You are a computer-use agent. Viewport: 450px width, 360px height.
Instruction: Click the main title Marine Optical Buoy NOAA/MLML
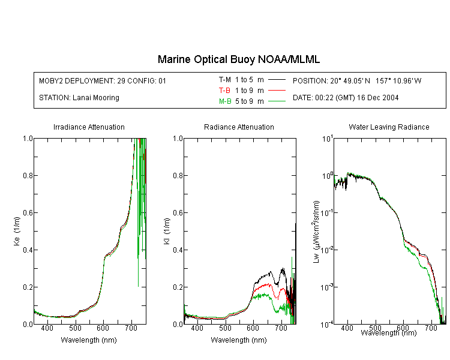[238, 59]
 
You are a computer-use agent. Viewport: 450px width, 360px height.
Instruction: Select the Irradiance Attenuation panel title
[89, 127]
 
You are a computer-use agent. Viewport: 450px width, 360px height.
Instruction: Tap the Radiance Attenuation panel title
[239, 127]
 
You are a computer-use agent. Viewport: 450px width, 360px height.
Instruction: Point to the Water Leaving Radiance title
[389, 127]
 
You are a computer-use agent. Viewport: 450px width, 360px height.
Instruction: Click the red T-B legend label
[225, 91]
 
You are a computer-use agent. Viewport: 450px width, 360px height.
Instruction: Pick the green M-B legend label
[225, 101]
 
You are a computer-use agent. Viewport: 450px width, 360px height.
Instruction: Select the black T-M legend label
[225, 80]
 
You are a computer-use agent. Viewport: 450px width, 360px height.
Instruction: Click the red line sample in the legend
[277, 91]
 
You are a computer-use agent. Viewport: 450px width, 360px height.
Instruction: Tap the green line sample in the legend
[277, 101]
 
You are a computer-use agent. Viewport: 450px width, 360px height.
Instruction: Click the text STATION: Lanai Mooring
[79, 98]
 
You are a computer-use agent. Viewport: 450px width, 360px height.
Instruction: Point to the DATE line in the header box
[346, 98]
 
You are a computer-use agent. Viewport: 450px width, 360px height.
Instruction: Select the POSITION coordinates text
[357, 80]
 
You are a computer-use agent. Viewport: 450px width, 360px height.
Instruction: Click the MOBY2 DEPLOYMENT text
[103, 80]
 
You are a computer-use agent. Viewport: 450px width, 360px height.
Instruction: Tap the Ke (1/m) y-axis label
[17, 231]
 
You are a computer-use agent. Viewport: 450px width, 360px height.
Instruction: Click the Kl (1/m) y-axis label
[167, 231]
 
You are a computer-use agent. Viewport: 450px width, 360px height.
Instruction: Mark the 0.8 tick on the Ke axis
[28, 175]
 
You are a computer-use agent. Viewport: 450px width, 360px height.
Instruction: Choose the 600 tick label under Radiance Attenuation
[253, 328]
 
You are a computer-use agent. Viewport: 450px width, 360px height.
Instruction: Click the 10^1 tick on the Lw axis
[328, 139]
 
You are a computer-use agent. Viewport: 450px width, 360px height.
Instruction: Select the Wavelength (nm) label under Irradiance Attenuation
[89, 340]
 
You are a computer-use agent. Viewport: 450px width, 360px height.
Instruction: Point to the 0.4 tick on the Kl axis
[178, 250]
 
